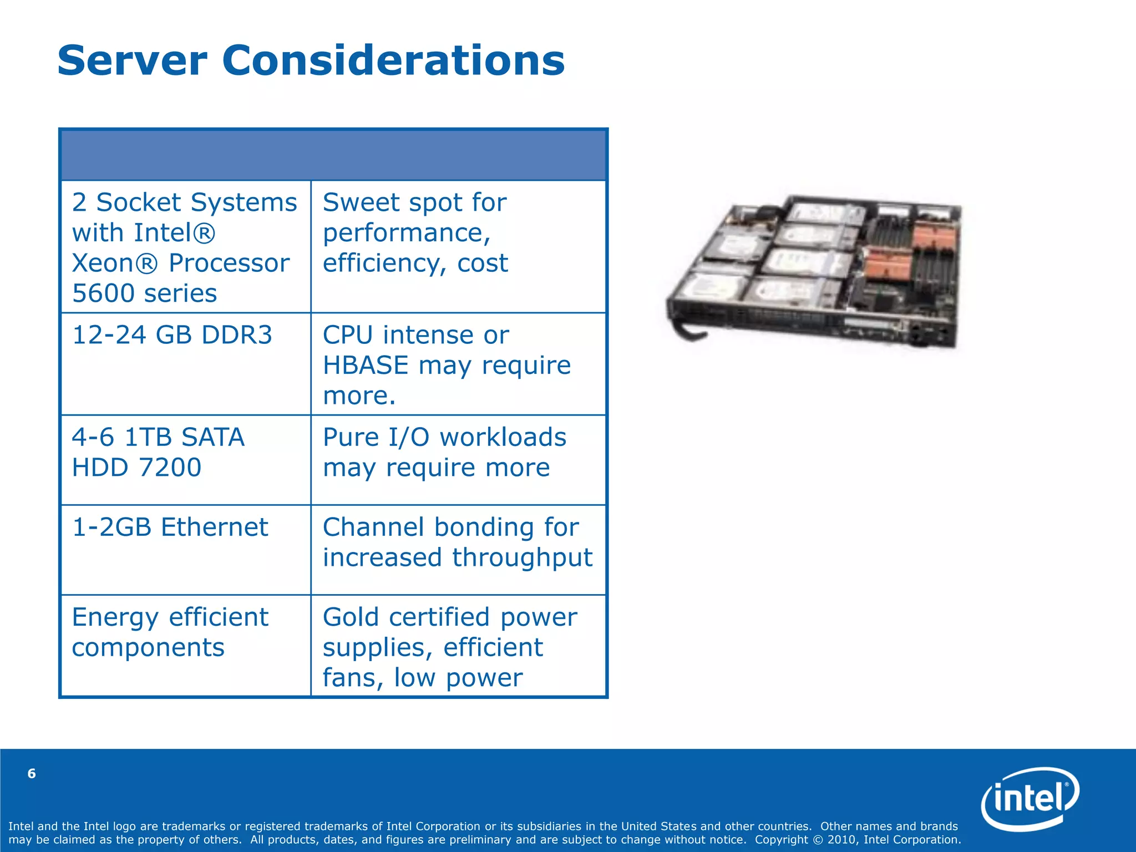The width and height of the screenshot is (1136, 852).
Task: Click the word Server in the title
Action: pyautogui.click(x=132, y=60)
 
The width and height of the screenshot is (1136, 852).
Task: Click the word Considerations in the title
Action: pyautogui.click(x=393, y=60)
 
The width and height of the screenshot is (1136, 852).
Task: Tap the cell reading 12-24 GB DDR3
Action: pyautogui.click(x=172, y=336)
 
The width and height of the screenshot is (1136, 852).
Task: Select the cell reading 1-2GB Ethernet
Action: pyautogui.click(x=170, y=528)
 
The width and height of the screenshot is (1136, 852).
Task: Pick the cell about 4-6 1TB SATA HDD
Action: pyautogui.click(x=158, y=453)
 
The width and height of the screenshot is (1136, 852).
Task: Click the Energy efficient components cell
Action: pyautogui.click(x=170, y=632)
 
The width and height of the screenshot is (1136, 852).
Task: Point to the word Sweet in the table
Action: pyautogui.click(x=353, y=202)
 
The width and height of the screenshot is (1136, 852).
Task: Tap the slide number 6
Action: pyautogui.click(x=32, y=774)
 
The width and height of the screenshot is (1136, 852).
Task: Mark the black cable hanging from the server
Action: pyautogui.click(x=686, y=330)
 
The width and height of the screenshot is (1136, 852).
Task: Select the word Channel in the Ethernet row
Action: pyautogui.click(x=374, y=528)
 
